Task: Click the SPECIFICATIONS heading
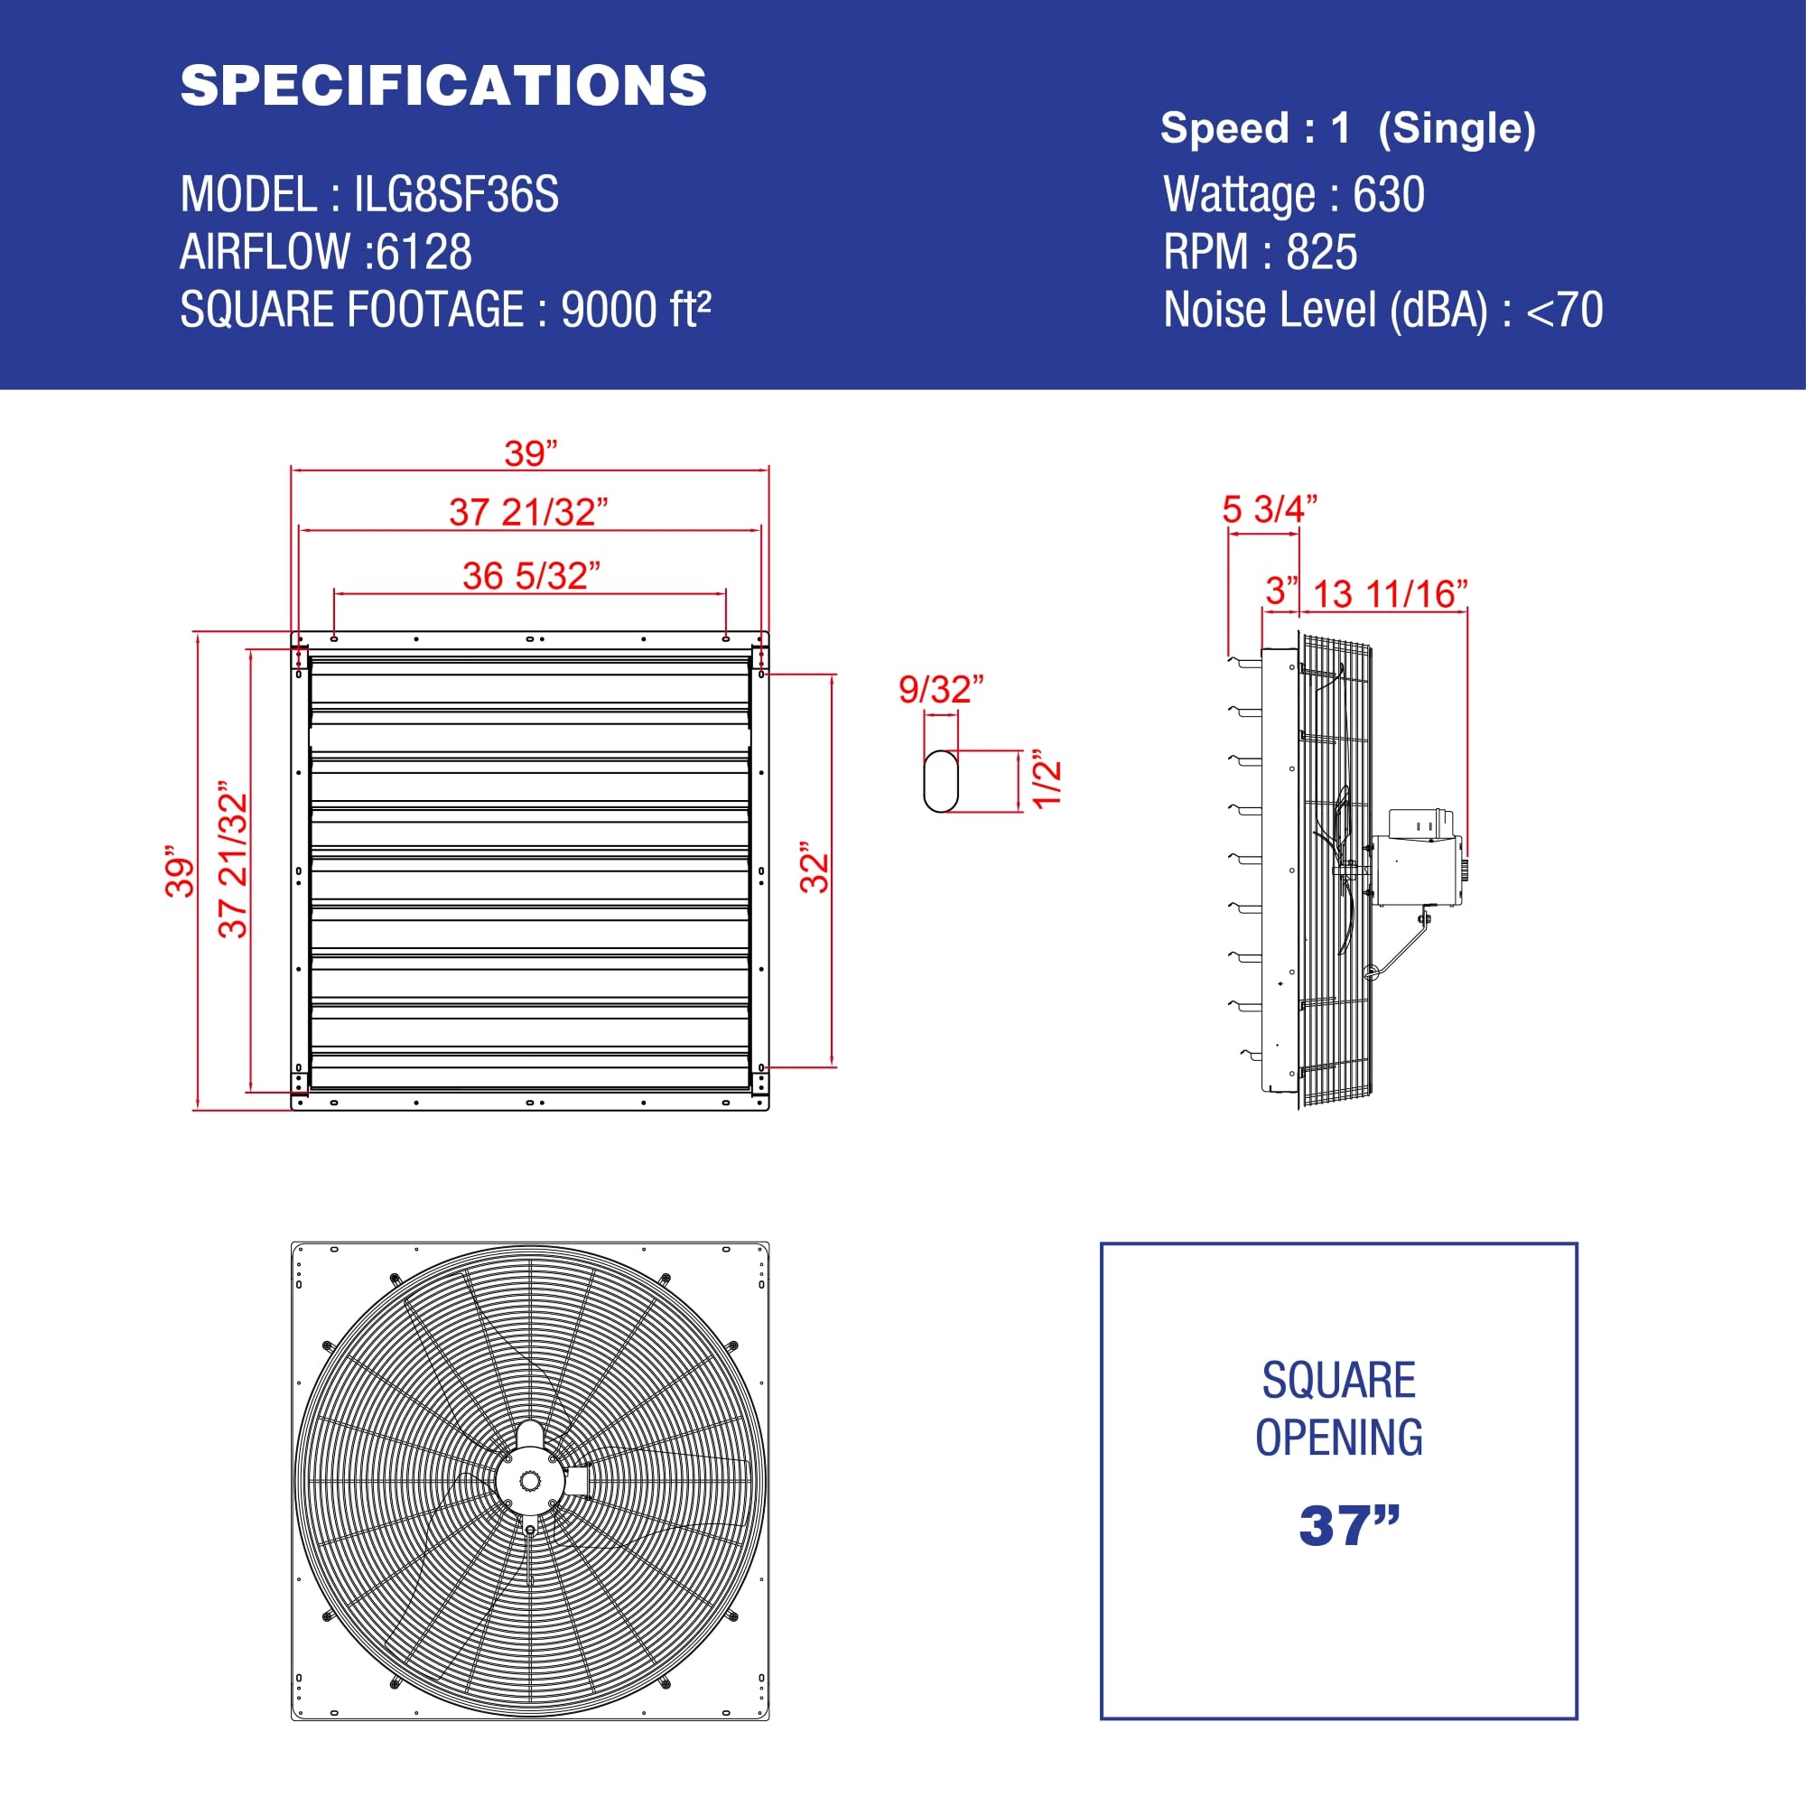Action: pos(443,86)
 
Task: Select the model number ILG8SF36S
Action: pos(455,195)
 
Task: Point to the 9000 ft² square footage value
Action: pos(636,311)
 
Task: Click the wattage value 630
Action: pos(1388,195)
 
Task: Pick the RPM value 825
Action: pos(1321,253)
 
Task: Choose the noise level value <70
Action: pos(1564,311)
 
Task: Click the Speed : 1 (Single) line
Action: pos(1347,128)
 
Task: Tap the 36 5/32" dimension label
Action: pos(531,576)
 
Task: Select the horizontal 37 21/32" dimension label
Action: pos(528,512)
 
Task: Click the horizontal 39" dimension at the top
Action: pos(530,453)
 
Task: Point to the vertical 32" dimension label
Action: pos(815,871)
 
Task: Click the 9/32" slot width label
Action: pos(940,690)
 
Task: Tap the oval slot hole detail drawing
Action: pos(940,781)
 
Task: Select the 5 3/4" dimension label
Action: pos(1270,509)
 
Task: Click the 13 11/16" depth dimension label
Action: pos(1390,593)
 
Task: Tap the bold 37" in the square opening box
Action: pos(1349,1526)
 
